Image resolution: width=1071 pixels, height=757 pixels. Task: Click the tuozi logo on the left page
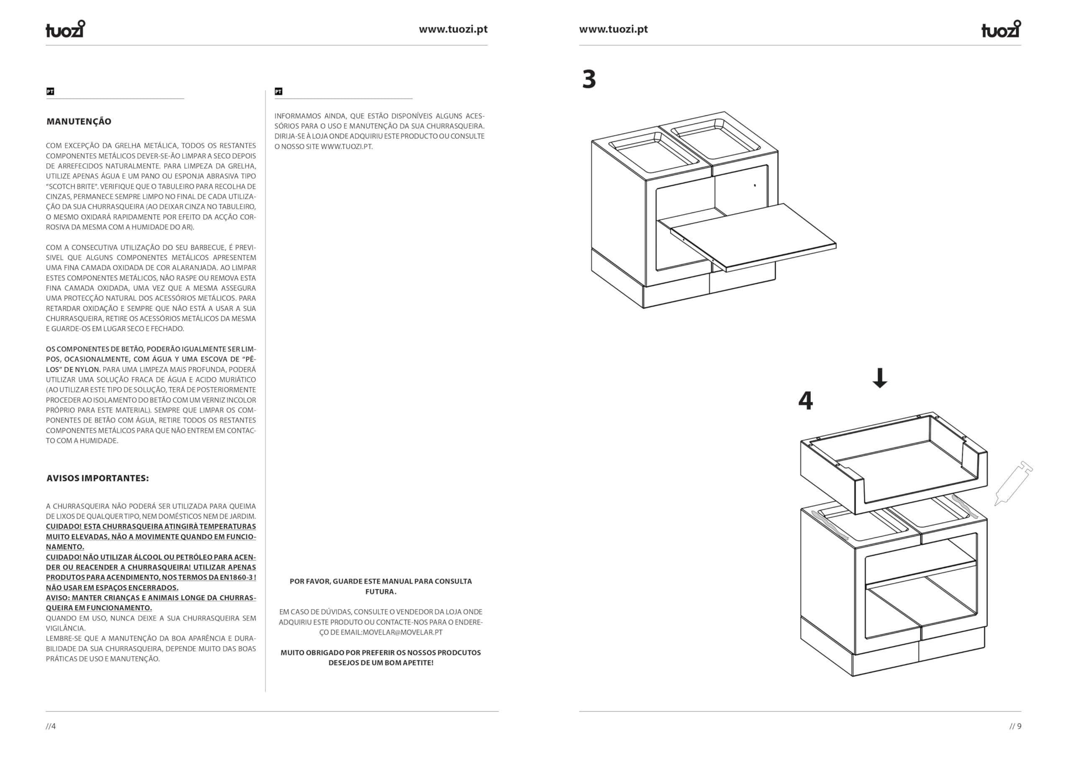[x=65, y=29]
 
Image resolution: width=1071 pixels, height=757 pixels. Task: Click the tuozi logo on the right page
[x=1001, y=29]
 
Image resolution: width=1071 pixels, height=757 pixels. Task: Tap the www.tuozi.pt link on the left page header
[x=453, y=29]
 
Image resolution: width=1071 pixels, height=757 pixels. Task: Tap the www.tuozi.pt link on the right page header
[x=613, y=29]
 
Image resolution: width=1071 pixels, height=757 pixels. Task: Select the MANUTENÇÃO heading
[x=79, y=122]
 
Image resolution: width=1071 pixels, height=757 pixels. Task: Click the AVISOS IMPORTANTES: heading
[x=97, y=478]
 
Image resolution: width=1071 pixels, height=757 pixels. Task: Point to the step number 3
[x=589, y=79]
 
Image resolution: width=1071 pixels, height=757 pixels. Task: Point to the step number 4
[x=806, y=400]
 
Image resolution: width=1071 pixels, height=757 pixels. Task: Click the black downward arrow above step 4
[x=880, y=378]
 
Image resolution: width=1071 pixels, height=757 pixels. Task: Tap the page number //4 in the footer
[x=51, y=726]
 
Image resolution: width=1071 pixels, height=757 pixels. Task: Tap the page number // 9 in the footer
[x=1015, y=726]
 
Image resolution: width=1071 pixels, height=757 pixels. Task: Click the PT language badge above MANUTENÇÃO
[x=50, y=92]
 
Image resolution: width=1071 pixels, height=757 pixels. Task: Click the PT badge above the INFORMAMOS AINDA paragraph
[x=279, y=92]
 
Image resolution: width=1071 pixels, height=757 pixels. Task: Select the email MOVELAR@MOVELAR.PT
[x=402, y=632]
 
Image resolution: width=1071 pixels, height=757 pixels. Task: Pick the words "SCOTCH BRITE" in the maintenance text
[x=71, y=186]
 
